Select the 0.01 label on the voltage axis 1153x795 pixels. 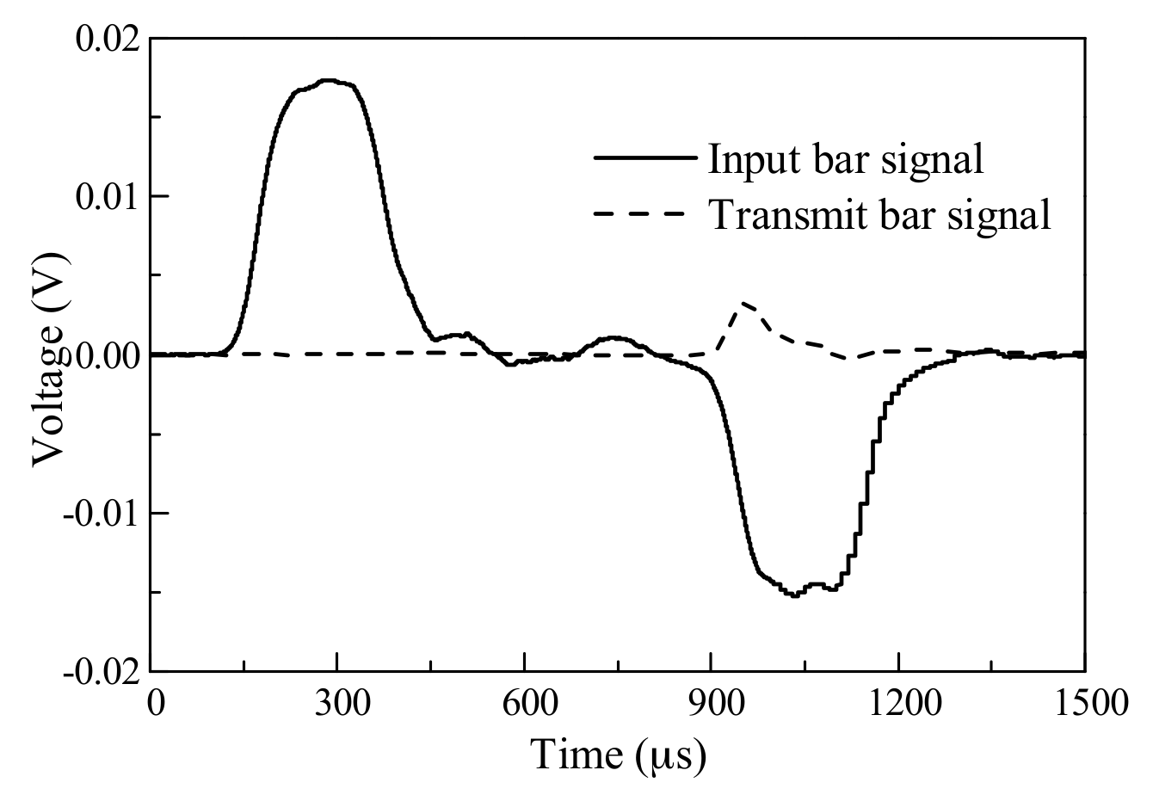pyautogui.click(x=105, y=197)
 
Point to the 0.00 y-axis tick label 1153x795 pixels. pyautogui.click(x=105, y=354)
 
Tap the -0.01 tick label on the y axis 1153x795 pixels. pyautogui.click(x=101, y=513)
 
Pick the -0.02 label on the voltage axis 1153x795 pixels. pyautogui.click(x=101, y=671)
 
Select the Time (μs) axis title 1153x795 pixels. pyautogui.click(x=619, y=755)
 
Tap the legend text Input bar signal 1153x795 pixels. pyautogui.click(x=846, y=160)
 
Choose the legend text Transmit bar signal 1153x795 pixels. pyautogui.click(x=879, y=214)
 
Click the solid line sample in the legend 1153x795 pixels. pyautogui.click(x=644, y=158)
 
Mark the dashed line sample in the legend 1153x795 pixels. pyautogui.click(x=644, y=212)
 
